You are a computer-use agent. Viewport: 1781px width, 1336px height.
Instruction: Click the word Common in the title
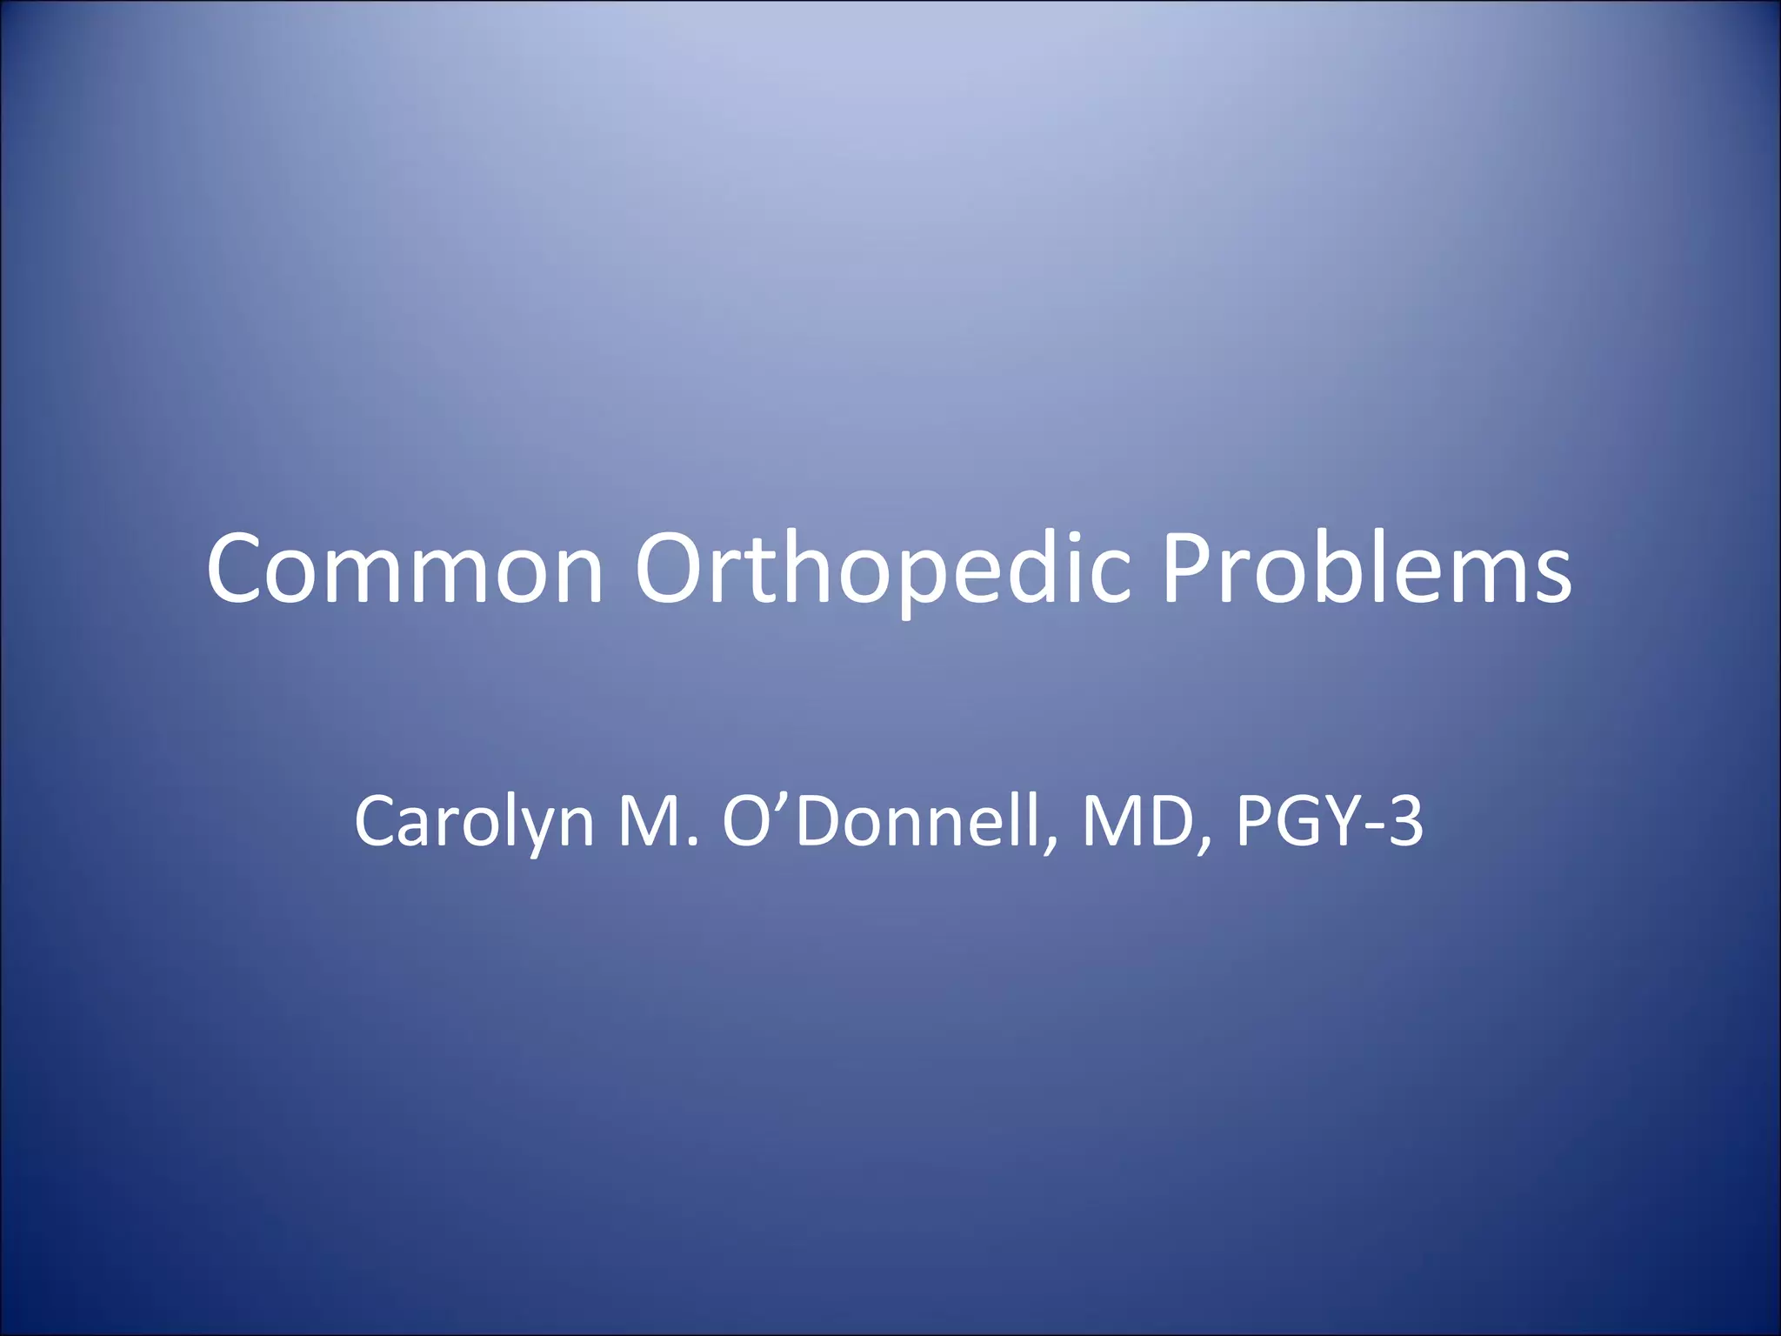click(x=404, y=569)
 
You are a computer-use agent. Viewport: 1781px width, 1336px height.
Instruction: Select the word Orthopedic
click(x=883, y=569)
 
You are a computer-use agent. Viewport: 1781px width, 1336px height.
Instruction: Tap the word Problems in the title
click(x=1366, y=569)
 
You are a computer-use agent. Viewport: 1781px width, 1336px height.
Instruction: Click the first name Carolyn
click(x=474, y=821)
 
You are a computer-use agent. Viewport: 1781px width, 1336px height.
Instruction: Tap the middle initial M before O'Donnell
click(x=647, y=821)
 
